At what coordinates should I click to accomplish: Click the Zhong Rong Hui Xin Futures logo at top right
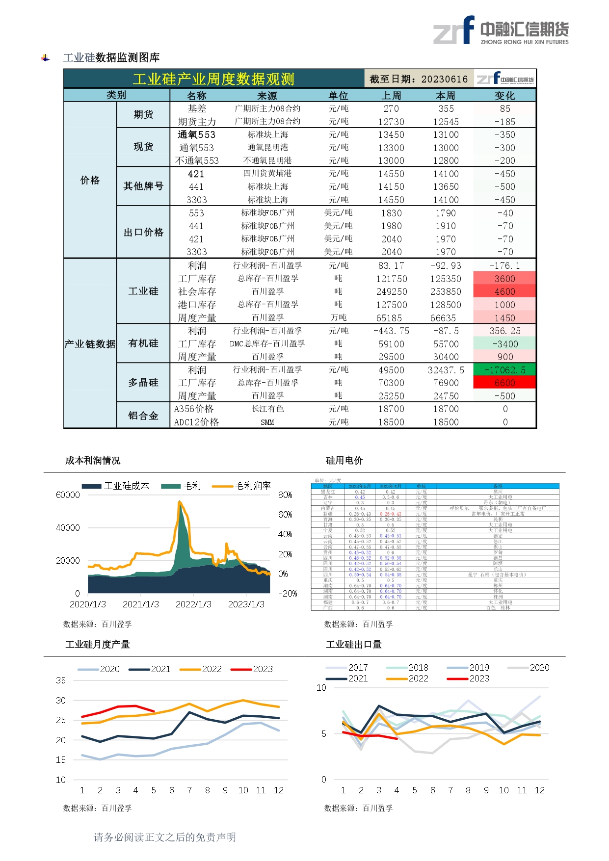coord(501,30)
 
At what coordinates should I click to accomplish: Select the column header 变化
coord(504,96)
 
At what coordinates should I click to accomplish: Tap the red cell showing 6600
coord(504,383)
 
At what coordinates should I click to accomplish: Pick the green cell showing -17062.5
coord(504,370)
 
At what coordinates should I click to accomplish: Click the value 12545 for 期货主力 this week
coord(446,122)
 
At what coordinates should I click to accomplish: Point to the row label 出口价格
coord(143,232)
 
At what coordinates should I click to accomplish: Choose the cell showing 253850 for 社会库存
coord(446,291)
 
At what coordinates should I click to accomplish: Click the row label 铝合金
coord(143,416)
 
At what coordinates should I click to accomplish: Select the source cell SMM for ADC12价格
coord(267,422)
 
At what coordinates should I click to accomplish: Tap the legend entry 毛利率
coord(252,486)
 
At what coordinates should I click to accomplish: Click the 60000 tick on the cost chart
coord(68,495)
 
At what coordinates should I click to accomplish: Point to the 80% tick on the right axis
coord(285,495)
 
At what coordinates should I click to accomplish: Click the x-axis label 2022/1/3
coord(193,604)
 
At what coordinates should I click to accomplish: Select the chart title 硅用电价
coord(344,460)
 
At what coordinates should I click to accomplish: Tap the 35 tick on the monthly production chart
coord(61,680)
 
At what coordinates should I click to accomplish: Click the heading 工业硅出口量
coord(353,644)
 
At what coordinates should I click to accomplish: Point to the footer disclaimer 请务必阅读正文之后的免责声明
coord(165,837)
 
